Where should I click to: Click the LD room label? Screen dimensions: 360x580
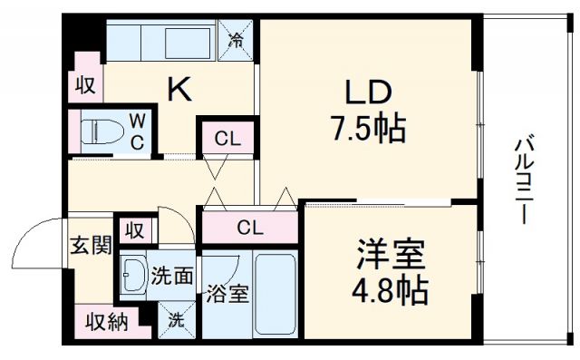pos(367,92)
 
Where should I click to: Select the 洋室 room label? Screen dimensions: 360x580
pos(391,255)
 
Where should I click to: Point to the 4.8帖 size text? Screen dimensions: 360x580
pos(391,290)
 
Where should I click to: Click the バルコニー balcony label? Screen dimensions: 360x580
pos(523,180)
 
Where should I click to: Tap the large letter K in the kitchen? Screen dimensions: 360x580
pos(179,89)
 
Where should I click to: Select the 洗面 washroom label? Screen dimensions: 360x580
pos(171,274)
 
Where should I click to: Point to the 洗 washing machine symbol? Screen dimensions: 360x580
pos(177,318)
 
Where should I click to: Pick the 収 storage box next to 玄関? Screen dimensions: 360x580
pos(136,229)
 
